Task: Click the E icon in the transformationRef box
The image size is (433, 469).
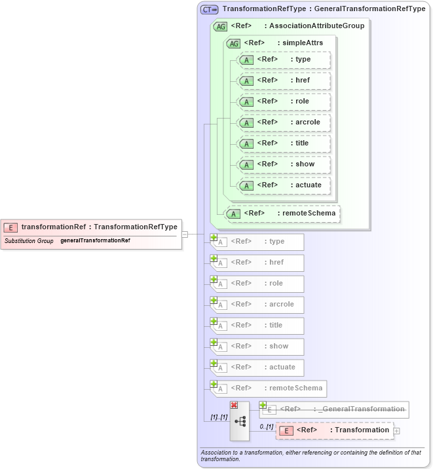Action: click(x=10, y=227)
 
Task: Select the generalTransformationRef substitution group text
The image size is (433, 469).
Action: click(x=95, y=240)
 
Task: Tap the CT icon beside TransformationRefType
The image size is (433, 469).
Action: click(x=210, y=9)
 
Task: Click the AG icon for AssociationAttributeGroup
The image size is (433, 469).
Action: click(x=221, y=26)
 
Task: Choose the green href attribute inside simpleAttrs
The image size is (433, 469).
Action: click(x=284, y=81)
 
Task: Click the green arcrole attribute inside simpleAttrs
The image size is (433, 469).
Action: click(x=284, y=122)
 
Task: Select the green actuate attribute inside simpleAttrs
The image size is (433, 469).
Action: click(x=284, y=185)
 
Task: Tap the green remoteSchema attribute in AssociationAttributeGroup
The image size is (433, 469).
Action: click(x=282, y=214)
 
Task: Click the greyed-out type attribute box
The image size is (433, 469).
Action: click(x=257, y=242)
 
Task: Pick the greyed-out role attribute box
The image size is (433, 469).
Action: click(x=257, y=284)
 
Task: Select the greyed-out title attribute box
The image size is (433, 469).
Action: click(x=257, y=326)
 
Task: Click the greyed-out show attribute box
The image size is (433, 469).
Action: click(x=257, y=347)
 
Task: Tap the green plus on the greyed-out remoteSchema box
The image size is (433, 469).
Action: click(x=214, y=384)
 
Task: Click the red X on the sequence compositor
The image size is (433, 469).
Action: click(x=234, y=405)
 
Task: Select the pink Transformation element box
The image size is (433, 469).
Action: click(x=335, y=430)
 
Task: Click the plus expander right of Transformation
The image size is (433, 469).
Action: click(x=396, y=430)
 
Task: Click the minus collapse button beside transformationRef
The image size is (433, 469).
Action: click(x=185, y=234)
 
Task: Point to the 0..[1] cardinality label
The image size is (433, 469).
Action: click(x=265, y=426)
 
